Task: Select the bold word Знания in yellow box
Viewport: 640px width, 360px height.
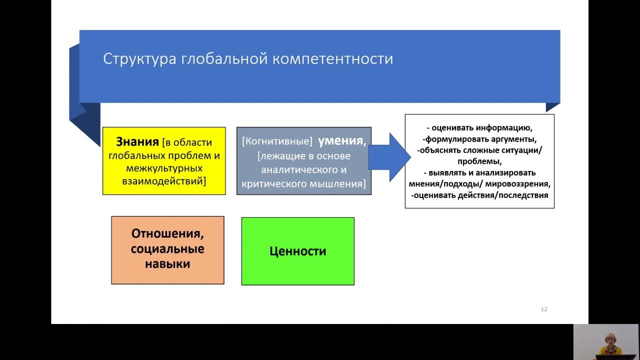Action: point(137,142)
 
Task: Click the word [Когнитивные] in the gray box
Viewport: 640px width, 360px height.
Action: point(277,142)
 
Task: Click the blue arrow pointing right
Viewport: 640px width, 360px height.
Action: point(390,156)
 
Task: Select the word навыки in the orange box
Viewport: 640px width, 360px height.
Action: point(167,264)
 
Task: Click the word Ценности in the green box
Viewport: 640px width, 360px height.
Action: point(297,251)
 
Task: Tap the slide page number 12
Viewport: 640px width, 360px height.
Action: point(544,309)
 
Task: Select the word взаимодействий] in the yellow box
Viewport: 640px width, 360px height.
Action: point(164,181)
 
